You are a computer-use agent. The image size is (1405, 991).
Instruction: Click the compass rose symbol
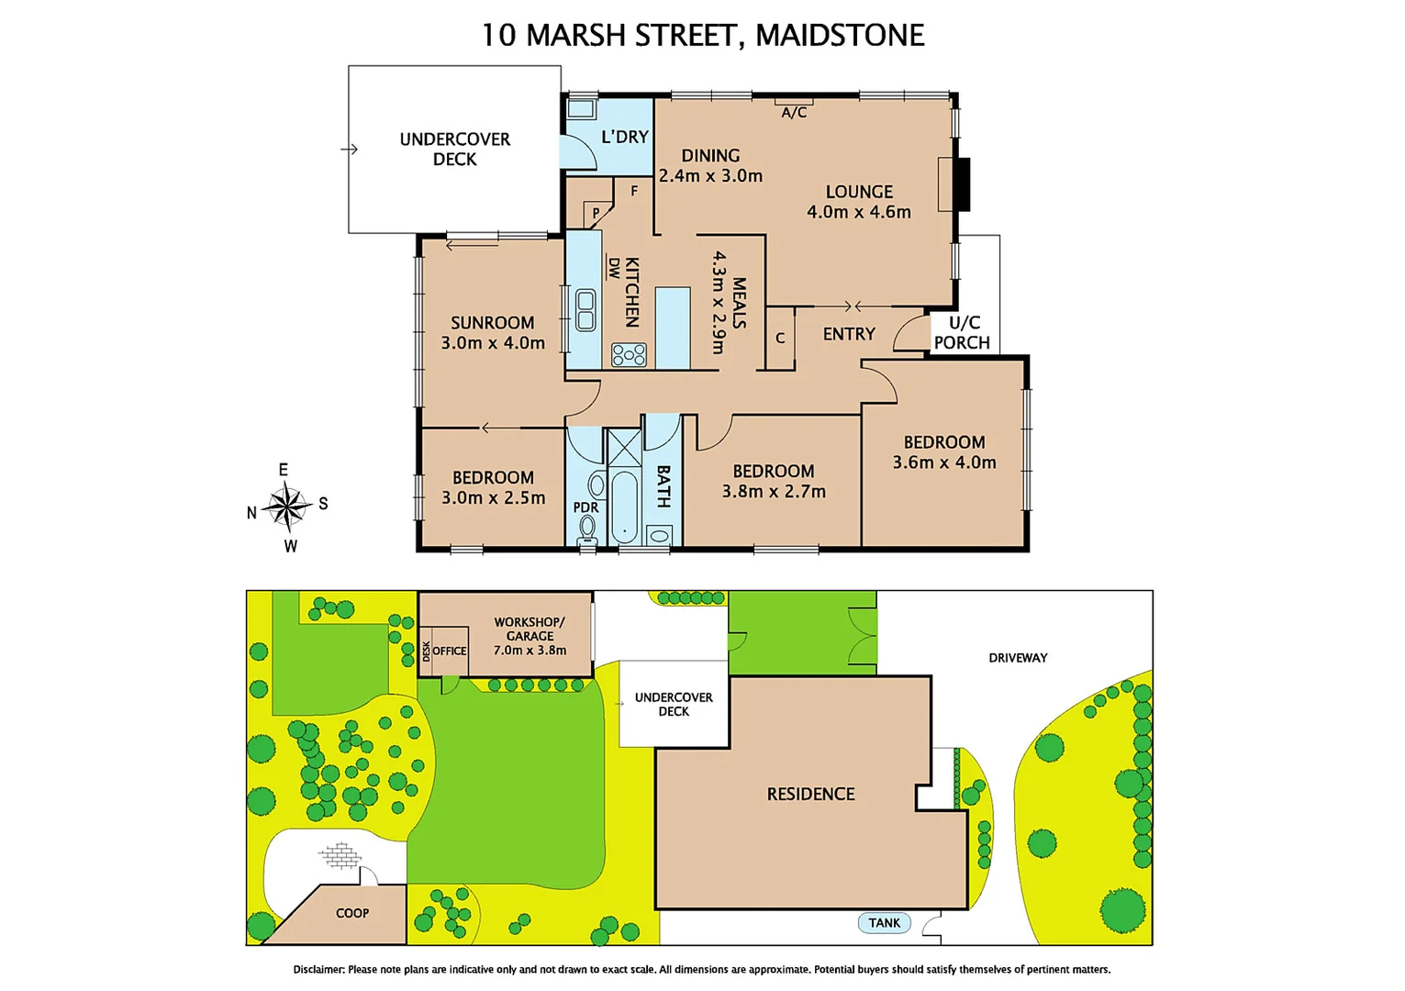(288, 507)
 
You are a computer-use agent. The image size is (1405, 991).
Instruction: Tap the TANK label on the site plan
(885, 923)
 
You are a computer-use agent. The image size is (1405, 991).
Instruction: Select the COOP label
(352, 913)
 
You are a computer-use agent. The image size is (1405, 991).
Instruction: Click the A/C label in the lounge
(794, 112)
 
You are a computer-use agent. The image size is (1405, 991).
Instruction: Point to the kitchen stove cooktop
(629, 354)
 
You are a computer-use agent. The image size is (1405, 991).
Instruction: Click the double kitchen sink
(585, 310)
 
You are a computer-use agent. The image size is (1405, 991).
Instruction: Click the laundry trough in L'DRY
(580, 109)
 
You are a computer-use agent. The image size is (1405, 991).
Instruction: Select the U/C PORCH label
(962, 332)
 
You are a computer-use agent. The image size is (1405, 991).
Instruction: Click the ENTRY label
(849, 334)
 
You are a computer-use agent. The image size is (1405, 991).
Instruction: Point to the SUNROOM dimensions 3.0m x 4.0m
(493, 343)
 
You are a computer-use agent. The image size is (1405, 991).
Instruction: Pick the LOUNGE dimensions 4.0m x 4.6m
(859, 212)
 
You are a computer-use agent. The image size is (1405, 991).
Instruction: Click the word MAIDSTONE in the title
(840, 35)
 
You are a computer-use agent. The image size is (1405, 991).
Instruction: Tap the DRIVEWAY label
(1018, 658)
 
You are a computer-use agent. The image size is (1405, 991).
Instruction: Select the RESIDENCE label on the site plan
(810, 794)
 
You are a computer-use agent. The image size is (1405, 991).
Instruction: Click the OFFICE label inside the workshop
(450, 651)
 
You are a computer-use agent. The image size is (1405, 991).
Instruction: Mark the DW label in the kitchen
(613, 268)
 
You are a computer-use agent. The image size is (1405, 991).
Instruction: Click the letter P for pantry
(596, 213)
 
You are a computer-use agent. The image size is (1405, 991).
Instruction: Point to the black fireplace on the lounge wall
(961, 184)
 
